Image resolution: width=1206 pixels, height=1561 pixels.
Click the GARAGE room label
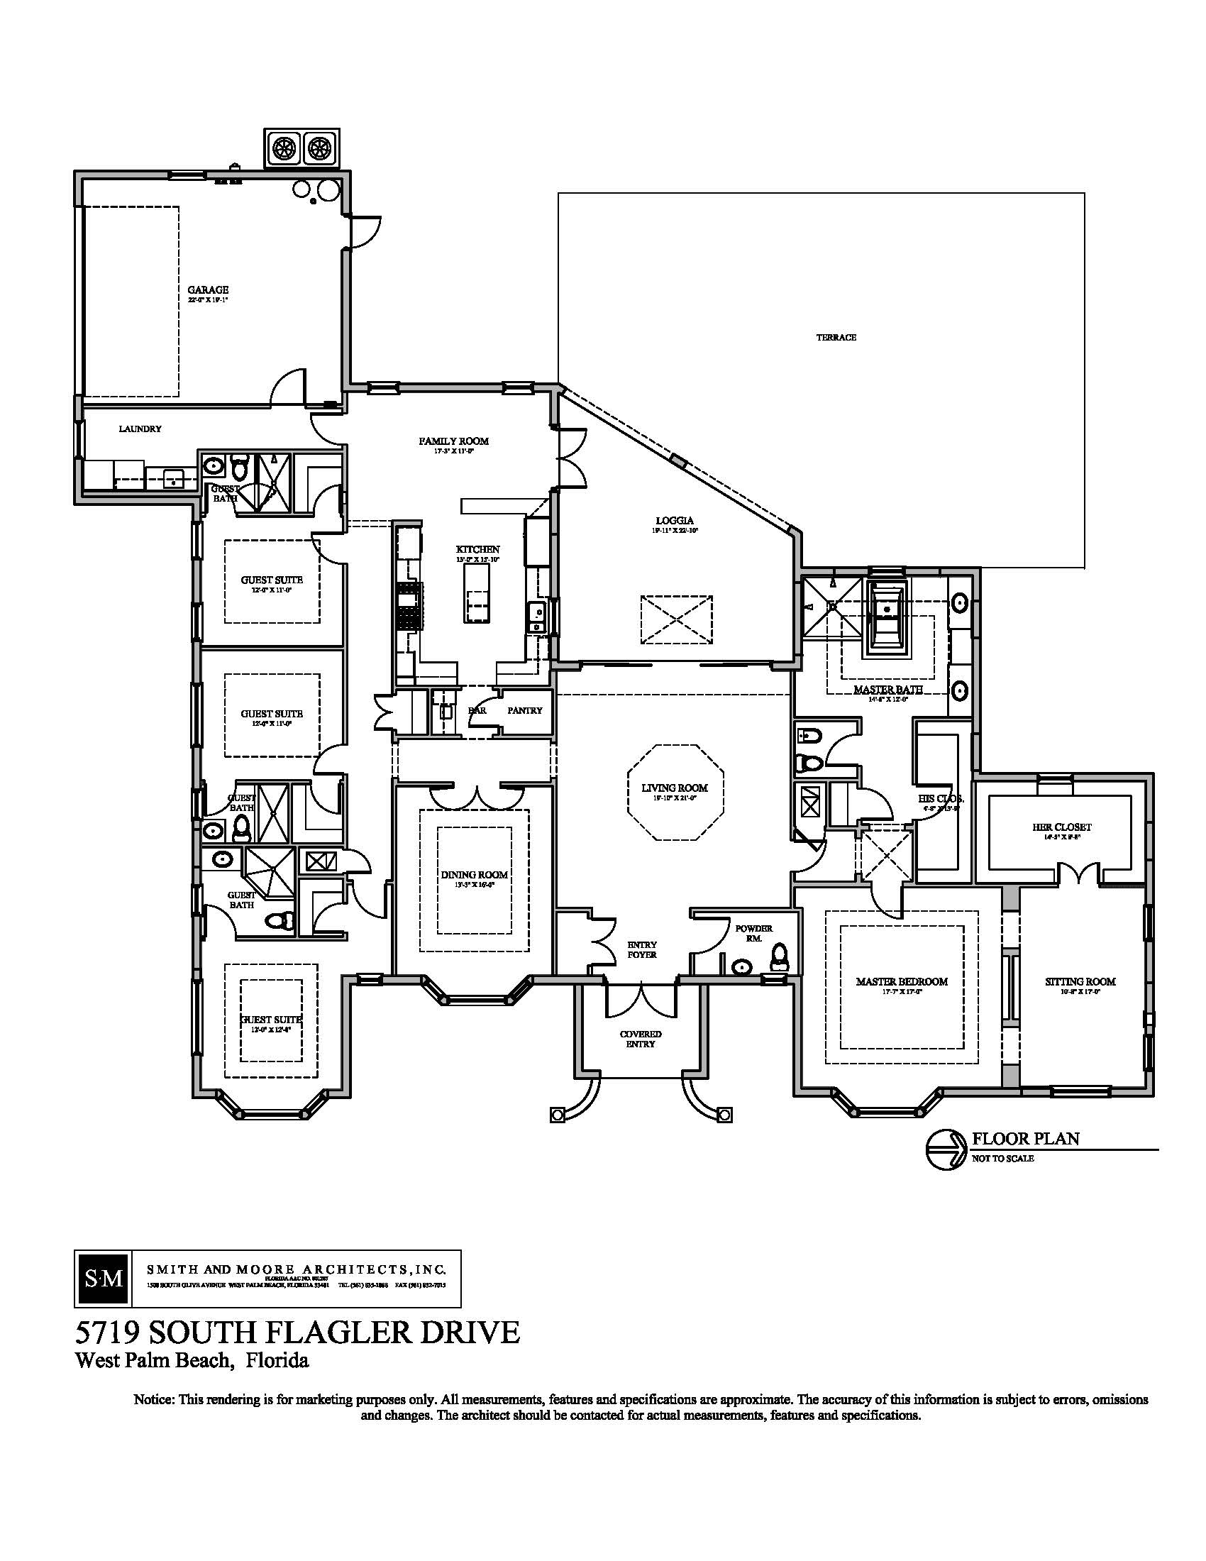208,290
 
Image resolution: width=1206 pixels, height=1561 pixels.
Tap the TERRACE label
836,337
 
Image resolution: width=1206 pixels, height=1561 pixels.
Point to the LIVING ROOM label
675,788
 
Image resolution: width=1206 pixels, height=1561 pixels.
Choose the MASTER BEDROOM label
902,981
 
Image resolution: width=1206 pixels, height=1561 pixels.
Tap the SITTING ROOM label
1080,981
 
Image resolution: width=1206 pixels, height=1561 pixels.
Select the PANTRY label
524,710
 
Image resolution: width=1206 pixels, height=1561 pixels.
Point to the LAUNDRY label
140,429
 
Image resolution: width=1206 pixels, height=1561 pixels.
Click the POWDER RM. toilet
779,955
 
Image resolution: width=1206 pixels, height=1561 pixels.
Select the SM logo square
102,1279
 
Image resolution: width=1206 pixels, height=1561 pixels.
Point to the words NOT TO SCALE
1002,1159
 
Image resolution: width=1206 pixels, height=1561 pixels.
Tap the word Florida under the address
277,1360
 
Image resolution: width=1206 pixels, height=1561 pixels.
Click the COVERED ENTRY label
640,1039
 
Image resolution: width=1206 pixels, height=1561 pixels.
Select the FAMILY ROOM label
454,441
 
